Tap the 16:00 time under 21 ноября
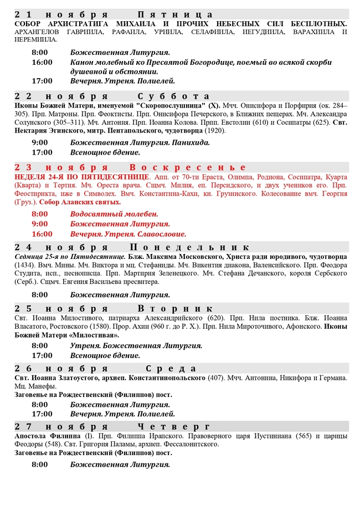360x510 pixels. pos(42,62)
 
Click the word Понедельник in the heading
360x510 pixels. pos(189,247)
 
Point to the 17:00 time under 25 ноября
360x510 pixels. pos(42,355)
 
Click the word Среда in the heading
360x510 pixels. pos(174,369)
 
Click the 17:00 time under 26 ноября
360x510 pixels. pos(42,414)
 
